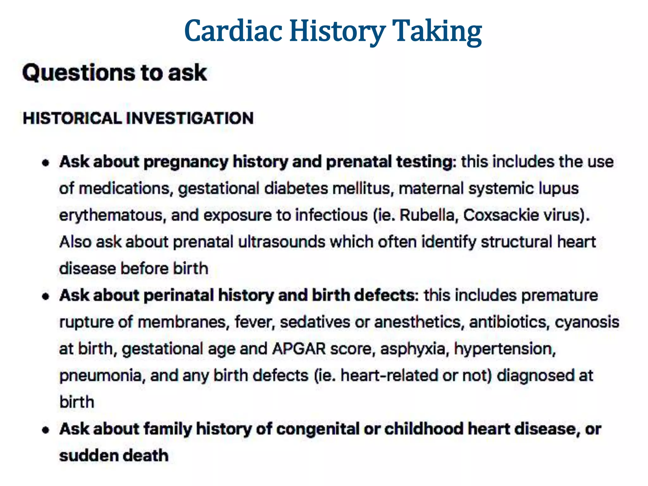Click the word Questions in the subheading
pos(78,73)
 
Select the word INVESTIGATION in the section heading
pos(190,118)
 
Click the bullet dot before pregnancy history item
pos(46,163)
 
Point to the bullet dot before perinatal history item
pos(46,296)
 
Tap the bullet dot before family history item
pos(46,430)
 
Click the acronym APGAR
pos(299,349)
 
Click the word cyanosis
pos(587,322)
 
